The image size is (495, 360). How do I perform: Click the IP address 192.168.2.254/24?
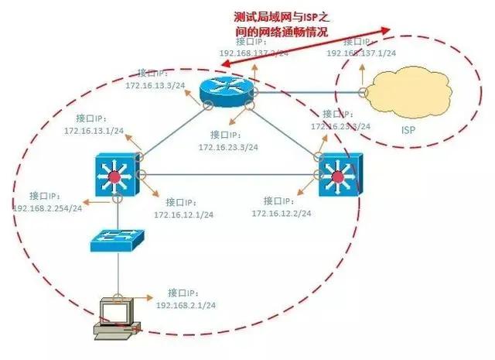(46, 209)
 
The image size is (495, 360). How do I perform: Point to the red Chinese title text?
(281, 24)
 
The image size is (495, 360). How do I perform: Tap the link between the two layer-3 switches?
(228, 173)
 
